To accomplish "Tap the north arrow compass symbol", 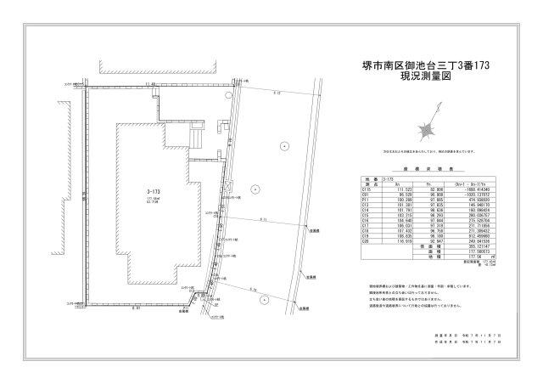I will point(427,127).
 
